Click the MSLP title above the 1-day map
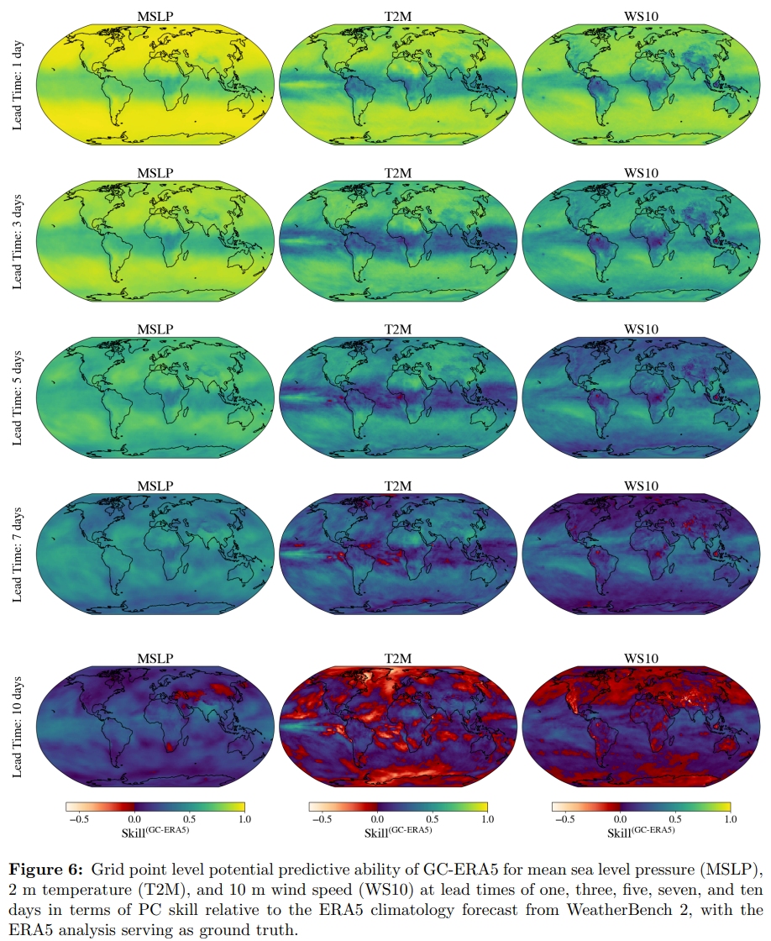coord(155,14)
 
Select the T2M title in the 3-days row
coord(398,173)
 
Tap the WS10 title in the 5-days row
coord(642,329)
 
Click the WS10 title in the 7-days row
coord(642,486)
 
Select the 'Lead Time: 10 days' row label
coord(18,726)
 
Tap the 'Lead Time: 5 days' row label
coord(18,398)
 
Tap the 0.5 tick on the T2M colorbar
coord(432,817)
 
